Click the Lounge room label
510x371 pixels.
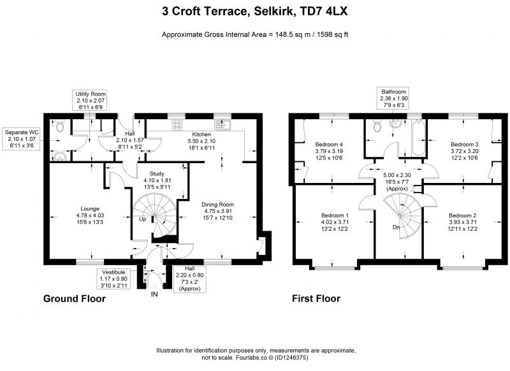[90, 208]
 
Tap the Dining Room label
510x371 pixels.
[217, 205]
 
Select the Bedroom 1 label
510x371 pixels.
[335, 215]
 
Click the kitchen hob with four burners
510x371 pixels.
[177, 125]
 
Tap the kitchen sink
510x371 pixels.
[222, 125]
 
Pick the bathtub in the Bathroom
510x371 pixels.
[418, 138]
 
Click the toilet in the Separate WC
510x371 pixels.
[60, 126]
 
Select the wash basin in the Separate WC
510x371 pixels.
[60, 156]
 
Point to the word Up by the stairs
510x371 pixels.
[142, 219]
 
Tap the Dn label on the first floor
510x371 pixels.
[396, 228]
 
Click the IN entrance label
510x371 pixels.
[154, 295]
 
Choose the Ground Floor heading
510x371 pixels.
[75, 298]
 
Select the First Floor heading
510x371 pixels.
[316, 298]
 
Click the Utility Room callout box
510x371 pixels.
[91, 101]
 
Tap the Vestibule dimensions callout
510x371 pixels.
[113, 279]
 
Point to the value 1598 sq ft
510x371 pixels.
[331, 34]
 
